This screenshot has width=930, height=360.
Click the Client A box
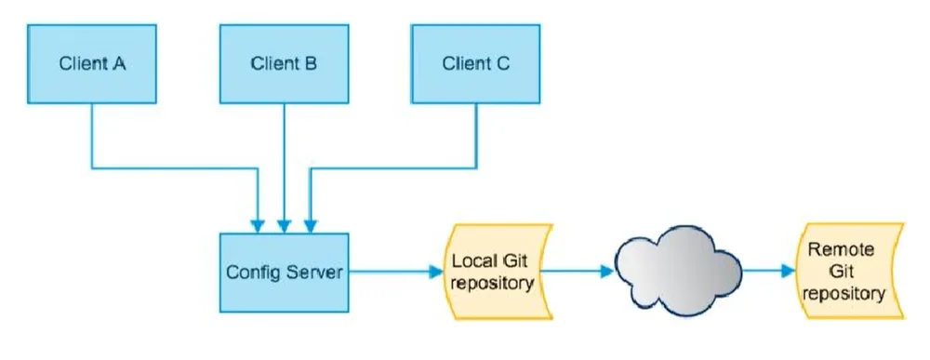pos(92,64)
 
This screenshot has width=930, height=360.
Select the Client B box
pos(284,64)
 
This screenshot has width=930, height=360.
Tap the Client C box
pos(475,64)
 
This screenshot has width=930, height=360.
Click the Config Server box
pos(284,273)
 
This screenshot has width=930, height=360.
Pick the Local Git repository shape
pos(498,272)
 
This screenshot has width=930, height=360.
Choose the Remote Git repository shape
pos(849,272)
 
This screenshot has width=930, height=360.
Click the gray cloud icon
pos(678,271)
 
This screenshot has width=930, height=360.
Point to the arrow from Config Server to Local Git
pos(395,273)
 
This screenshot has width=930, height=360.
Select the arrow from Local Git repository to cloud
pos(577,272)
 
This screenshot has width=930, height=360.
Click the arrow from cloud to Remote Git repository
pos(768,271)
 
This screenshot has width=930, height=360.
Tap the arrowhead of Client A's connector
pos(258,227)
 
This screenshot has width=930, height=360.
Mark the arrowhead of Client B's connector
pos(284,227)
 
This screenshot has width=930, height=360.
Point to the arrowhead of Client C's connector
pos(311,227)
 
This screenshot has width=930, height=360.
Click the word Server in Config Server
pos(314,273)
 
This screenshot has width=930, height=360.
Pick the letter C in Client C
pos(502,64)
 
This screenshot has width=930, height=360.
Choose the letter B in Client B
pos(310,64)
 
